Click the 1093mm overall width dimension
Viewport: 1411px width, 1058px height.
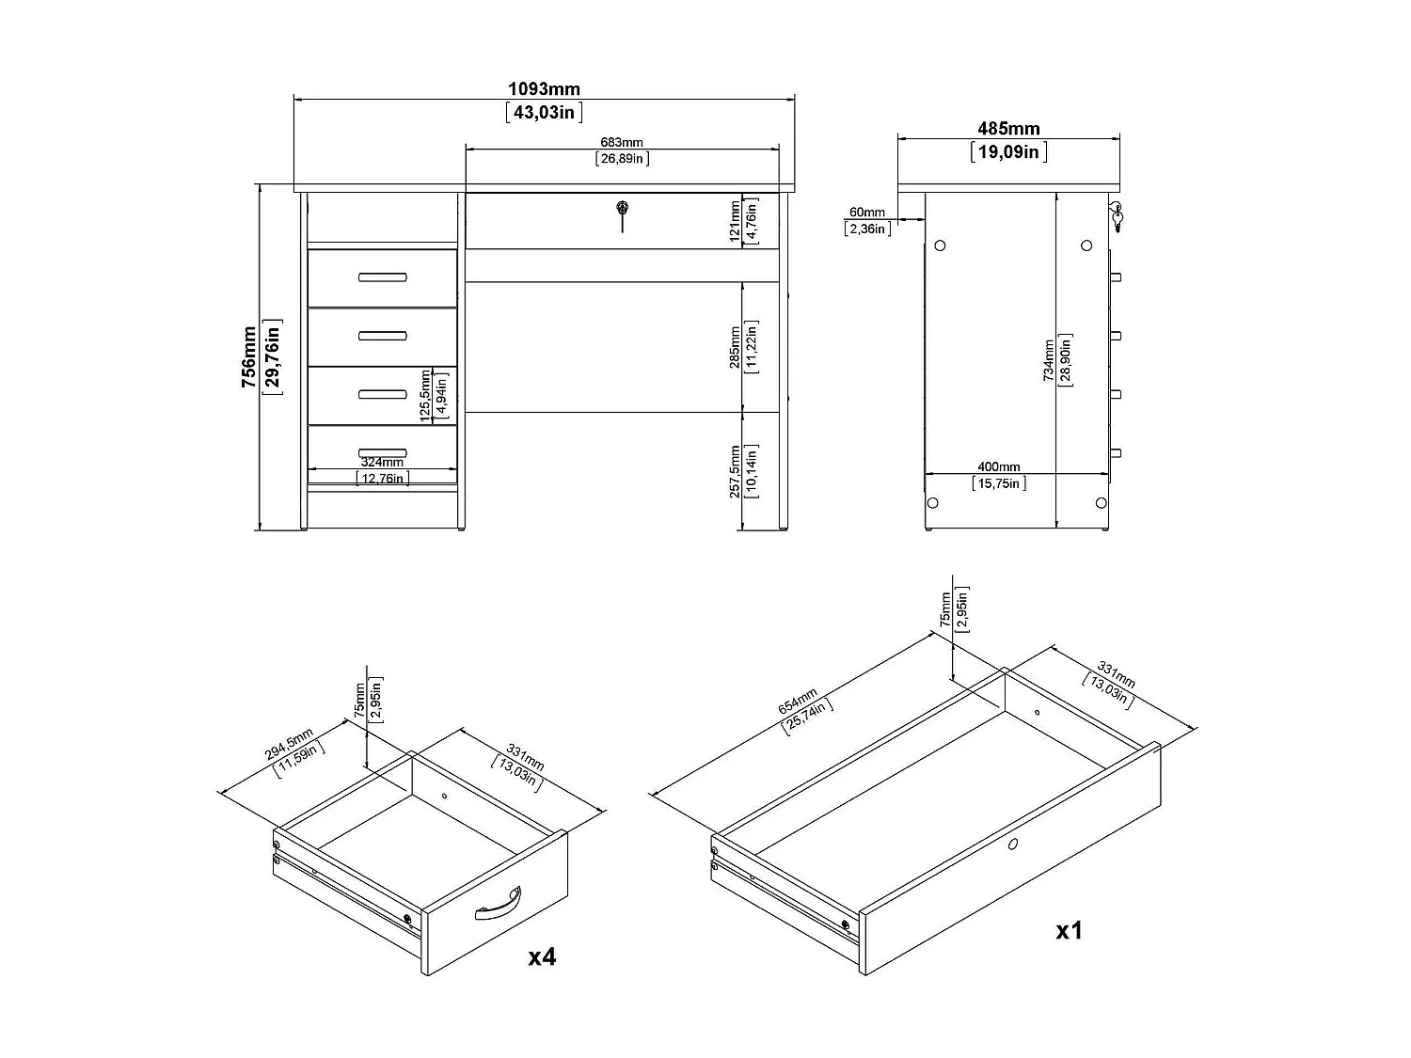(544, 89)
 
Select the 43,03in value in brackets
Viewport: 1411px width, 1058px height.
(544, 113)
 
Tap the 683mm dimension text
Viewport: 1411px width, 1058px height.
(622, 143)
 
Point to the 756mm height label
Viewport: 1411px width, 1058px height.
(249, 357)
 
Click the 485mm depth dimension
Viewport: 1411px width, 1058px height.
(1007, 129)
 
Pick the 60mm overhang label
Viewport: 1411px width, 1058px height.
(866, 213)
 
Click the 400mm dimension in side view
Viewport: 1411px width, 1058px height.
(998, 467)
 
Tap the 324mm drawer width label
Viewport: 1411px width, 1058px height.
(382, 462)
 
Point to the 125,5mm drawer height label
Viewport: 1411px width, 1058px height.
(425, 394)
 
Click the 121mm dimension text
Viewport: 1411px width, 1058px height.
(736, 221)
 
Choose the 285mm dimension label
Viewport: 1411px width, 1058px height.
(736, 347)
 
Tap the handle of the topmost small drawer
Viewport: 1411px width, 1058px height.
(382, 276)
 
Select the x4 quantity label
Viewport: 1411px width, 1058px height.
(542, 956)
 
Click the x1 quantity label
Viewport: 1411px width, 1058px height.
(1070, 930)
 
